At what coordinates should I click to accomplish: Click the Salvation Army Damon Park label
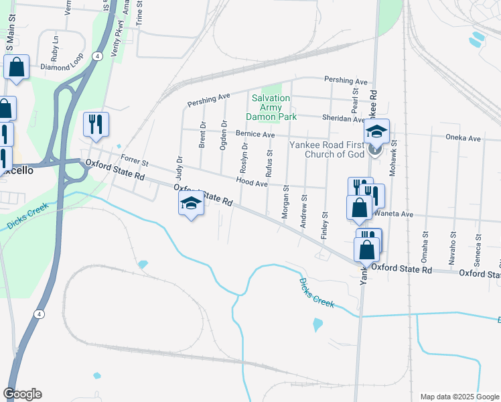[x=271, y=107]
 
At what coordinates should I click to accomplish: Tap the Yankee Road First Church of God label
[x=326, y=149]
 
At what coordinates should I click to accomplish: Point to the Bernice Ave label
[x=255, y=135]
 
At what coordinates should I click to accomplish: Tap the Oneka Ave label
[x=463, y=139]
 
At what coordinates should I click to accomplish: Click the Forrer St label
[x=134, y=161]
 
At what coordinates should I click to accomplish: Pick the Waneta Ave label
[x=395, y=214]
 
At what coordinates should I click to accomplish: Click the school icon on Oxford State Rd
[x=191, y=204]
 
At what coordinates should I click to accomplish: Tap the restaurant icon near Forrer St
[x=96, y=124]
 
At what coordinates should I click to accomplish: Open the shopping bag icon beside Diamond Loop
[x=16, y=68]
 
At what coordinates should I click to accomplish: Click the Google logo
[x=22, y=394]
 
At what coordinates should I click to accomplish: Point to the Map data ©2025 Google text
[x=459, y=397]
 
